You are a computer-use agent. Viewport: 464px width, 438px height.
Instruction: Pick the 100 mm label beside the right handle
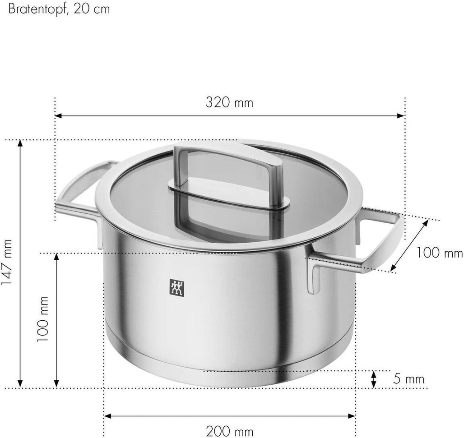click(440, 253)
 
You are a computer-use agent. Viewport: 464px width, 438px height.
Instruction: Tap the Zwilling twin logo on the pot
click(176, 287)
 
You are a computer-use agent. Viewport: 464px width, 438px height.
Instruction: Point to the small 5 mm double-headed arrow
click(374, 379)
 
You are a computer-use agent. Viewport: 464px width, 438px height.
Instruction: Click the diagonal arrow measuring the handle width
click(409, 246)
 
